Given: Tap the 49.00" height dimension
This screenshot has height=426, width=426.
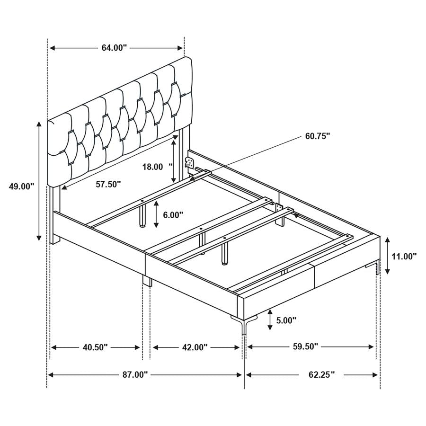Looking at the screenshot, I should point(22,186).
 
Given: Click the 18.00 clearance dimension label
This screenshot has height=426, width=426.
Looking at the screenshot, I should point(152,167).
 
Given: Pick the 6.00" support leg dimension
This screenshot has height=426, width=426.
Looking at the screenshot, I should point(173,214).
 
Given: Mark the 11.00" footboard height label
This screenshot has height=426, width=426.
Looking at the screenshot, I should point(404,256).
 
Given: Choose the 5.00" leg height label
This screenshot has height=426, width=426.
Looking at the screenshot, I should point(286,320).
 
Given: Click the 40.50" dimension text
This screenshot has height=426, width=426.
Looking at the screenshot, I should point(95,347).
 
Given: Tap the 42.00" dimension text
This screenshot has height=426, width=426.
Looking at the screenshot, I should point(195,347).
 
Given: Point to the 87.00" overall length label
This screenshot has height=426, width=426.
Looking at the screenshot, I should point(135,375).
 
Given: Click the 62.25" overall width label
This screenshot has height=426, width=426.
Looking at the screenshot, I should point(321,375).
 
